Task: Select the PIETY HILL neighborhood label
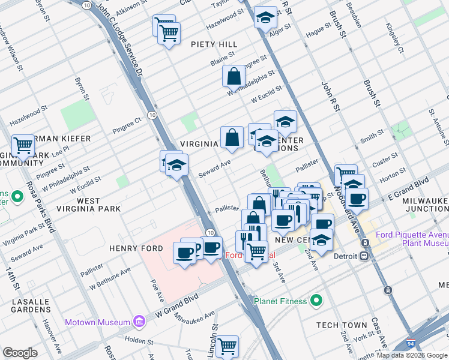[x=214, y=44]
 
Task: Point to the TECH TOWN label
[x=342, y=325]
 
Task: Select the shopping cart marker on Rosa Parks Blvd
[x=23, y=145]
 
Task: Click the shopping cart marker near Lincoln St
[x=227, y=346]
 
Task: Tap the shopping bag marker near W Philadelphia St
[x=234, y=76]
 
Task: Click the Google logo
[x=20, y=353]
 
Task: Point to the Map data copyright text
[x=412, y=355]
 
